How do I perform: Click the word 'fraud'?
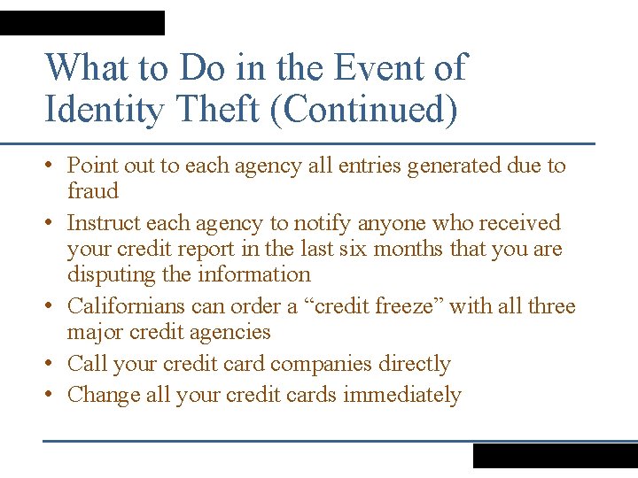point(92,191)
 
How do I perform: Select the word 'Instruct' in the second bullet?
point(104,223)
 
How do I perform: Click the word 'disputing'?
point(112,275)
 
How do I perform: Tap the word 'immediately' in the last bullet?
point(402,395)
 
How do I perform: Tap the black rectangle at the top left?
point(82,23)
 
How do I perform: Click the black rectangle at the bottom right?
point(555,455)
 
